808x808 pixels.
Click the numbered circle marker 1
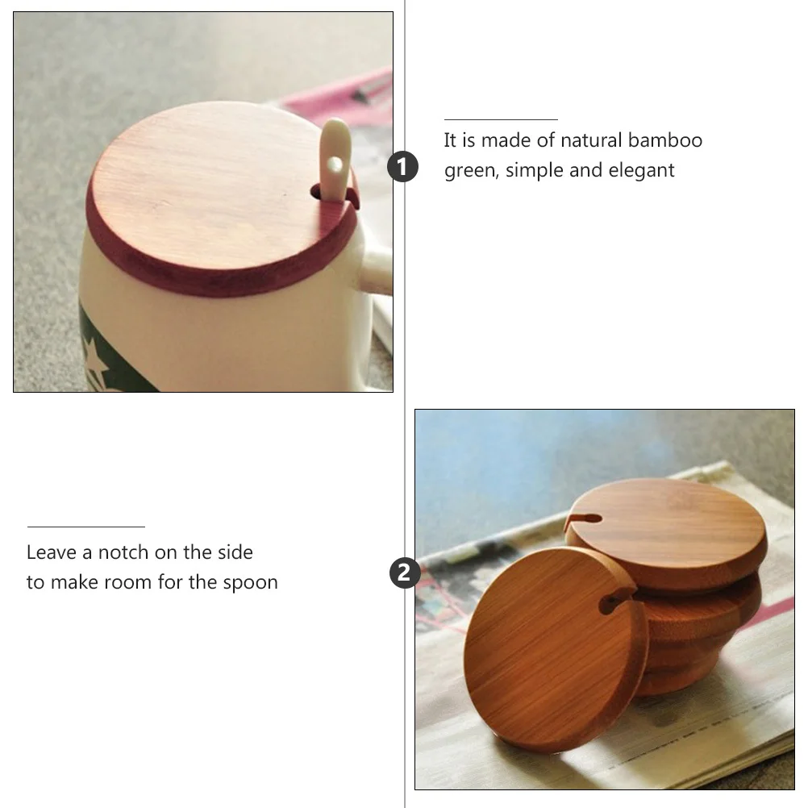coord(404,168)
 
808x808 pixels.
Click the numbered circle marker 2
coord(404,573)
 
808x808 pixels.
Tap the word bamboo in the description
coord(665,140)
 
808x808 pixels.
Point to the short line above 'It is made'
coord(500,119)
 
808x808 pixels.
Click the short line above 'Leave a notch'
coord(85,527)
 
